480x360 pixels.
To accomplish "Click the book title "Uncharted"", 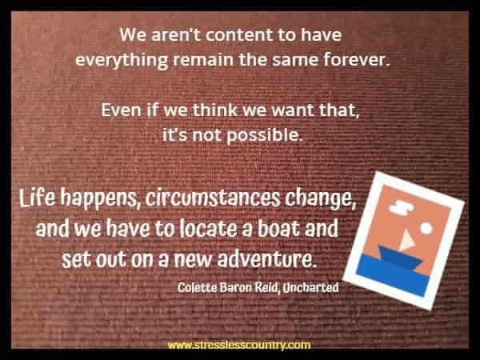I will click(x=307, y=286).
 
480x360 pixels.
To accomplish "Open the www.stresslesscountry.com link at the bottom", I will click(x=239, y=346).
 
